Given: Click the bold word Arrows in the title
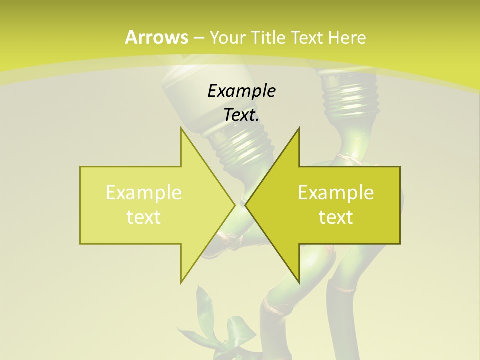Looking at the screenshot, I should tap(157, 37).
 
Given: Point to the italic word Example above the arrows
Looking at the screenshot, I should tap(241, 91).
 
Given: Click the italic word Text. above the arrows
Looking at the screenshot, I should tap(241, 115).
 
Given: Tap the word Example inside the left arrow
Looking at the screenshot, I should tap(144, 193).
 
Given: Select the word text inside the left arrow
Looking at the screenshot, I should tap(144, 217).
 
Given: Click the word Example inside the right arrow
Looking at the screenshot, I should tap(336, 193).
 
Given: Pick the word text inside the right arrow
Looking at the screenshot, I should tap(336, 217).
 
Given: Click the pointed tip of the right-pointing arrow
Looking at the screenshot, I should tap(235, 205).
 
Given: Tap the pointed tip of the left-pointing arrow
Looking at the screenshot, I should tap(245, 205).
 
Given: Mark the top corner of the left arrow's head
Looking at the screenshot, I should tap(181, 128).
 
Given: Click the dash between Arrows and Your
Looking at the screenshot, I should tap(199, 38).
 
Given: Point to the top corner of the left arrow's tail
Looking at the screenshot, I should tap(80, 167).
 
